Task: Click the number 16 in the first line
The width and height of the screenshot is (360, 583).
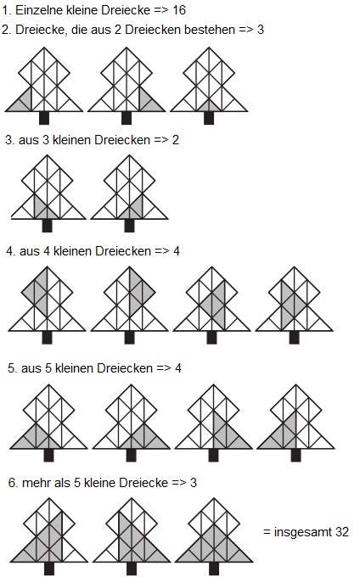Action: [179, 9]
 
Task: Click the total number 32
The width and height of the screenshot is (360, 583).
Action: [342, 532]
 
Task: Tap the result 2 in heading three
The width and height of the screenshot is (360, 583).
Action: [176, 140]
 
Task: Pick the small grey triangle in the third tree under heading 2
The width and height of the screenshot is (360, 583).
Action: [209, 106]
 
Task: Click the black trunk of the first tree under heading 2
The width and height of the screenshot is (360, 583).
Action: [44, 118]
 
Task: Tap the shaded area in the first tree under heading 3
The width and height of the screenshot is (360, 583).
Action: [42, 210]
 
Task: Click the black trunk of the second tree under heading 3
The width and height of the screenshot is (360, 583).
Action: [129, 226]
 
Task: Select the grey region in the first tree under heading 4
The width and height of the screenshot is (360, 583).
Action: [38, 292]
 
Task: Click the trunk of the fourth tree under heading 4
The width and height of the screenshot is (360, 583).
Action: [294, 337]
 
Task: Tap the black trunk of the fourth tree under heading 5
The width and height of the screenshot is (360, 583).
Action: [295, 455]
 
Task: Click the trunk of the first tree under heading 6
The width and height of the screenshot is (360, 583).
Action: [49, 569]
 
